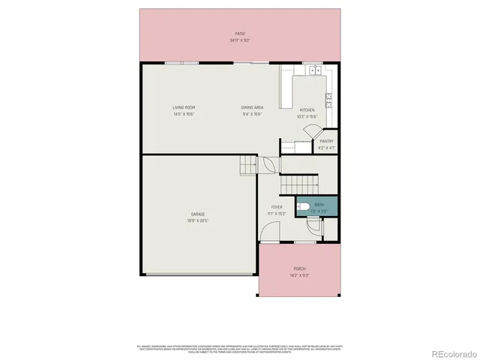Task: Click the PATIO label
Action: click(240, 34)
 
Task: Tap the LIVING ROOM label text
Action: click(184, 108)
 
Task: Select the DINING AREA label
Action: click(252, 108)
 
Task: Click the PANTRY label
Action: click(326, 141)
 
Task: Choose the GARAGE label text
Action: click(198, 214)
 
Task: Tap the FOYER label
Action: click(277, 208)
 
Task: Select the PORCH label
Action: click(299, 269)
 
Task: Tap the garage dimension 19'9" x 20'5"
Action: click(198, 220)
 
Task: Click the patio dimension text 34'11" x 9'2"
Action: click(240, 40)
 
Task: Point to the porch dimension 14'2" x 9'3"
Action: click(299, 275)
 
